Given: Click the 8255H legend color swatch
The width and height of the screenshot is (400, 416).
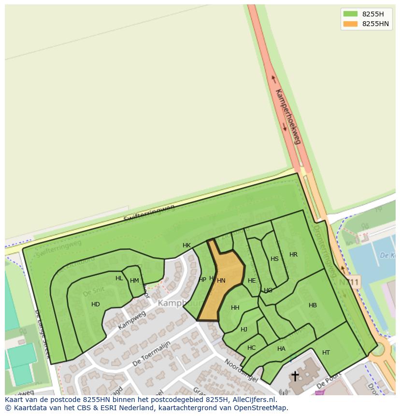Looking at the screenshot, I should point(350,14).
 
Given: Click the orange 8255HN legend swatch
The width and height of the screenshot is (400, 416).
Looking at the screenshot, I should point(350,24).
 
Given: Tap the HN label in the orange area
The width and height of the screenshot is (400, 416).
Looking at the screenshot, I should point(221,280).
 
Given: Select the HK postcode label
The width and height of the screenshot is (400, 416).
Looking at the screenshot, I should point(186,245).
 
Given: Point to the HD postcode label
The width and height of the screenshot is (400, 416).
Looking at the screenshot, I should point(96,304).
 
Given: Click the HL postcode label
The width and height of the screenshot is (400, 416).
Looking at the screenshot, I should point(119,278).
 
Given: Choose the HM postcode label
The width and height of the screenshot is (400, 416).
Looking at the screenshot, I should point(134,281).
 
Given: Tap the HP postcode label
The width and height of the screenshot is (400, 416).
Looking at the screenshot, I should point(202,279).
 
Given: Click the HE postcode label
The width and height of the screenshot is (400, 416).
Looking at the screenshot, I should point(252,280).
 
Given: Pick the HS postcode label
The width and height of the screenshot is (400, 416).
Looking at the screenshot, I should point(274,259).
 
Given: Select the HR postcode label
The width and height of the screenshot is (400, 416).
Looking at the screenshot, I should point(293,255).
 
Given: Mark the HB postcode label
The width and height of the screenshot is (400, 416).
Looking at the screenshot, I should point(313,305).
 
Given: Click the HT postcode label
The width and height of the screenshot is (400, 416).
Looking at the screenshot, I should point(326,353).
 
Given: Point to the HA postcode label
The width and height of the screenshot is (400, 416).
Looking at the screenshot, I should point(281,349).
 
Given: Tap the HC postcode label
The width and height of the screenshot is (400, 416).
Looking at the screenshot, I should point(251,348).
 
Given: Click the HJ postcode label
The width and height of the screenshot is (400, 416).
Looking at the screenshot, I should point(244,330).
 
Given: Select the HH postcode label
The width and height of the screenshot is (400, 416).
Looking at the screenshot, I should point(235,308).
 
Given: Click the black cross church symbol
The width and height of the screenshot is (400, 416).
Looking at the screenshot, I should point(295,376).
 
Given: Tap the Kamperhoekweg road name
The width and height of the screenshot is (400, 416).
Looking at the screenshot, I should point(288,116).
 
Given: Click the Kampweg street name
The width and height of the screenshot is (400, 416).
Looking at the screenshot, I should point(132,320).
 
